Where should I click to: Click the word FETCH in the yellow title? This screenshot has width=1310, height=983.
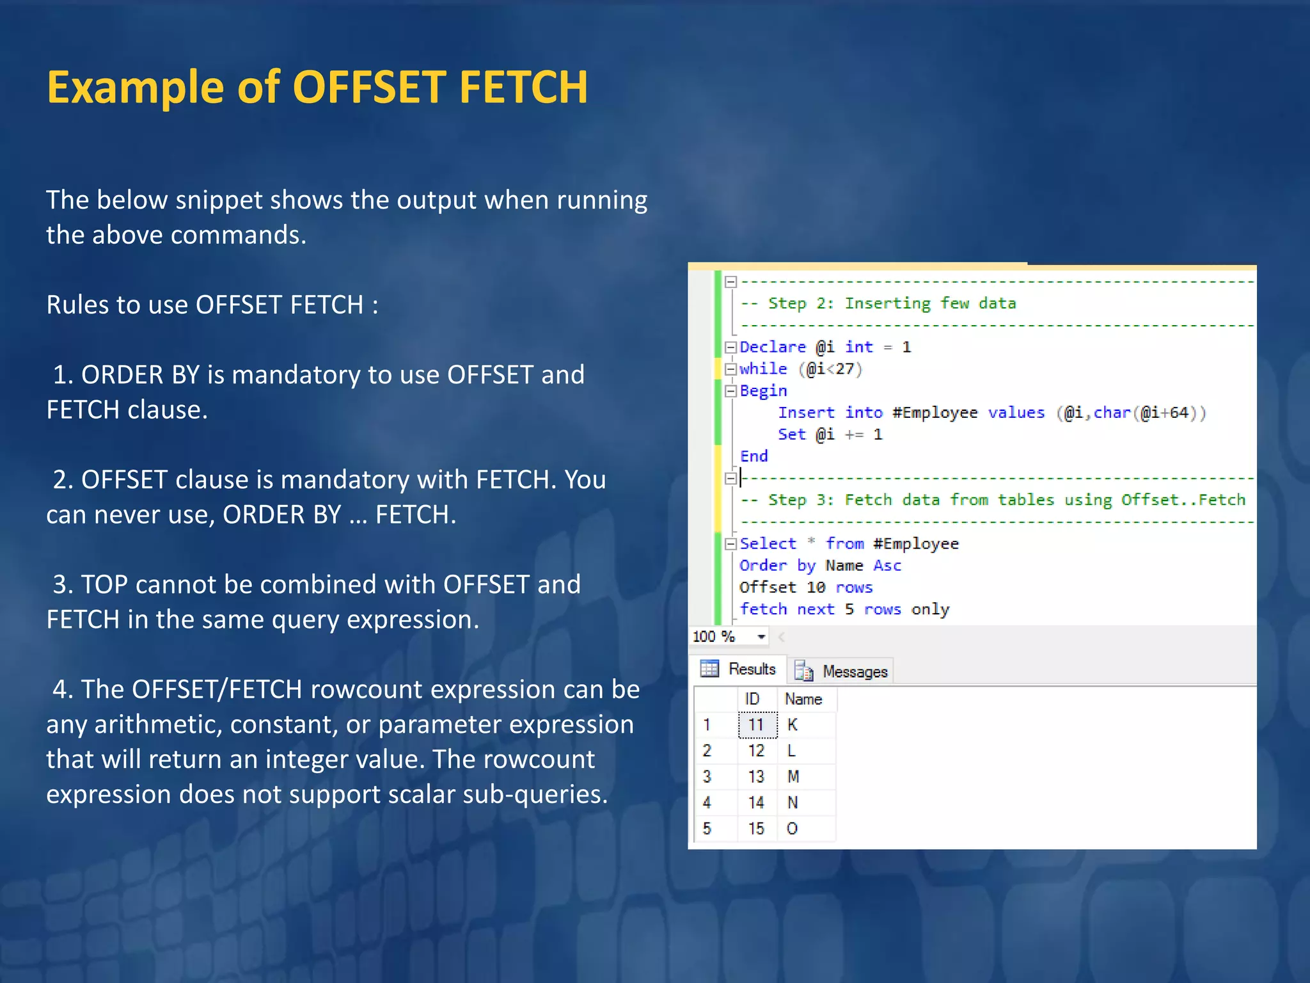point(523,88)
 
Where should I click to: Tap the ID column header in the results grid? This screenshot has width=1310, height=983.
point(752,699)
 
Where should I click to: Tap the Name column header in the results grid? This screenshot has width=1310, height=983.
point(803,699)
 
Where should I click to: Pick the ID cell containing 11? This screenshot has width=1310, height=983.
point(757,725)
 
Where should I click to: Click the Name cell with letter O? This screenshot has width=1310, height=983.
point(793,829)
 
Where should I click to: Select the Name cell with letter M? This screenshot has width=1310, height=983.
point(793,777)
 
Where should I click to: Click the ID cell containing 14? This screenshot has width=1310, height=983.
point(757,803)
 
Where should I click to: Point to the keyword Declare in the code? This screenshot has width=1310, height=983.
point(773,347)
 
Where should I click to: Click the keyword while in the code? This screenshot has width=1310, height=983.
point(763,369)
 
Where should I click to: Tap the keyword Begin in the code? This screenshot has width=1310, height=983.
point(763,391)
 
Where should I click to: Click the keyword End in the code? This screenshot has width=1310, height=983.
point(754,456)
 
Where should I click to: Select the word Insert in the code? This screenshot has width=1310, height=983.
point(806,413)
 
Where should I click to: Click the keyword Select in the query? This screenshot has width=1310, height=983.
point(768,544)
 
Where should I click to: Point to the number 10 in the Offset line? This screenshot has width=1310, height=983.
point(816,587)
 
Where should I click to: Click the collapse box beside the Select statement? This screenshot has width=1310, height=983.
point(730,544)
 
